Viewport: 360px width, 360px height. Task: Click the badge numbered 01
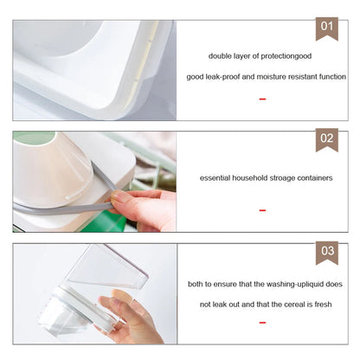tap(326, 28)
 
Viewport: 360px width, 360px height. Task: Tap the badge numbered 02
tap(326, 138)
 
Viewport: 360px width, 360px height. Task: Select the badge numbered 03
tap(326, 253)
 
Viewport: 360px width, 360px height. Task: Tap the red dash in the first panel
tap(262, 100)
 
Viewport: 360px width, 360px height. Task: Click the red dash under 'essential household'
tap(262, 210)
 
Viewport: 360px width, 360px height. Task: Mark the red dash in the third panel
tap(262, 323)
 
